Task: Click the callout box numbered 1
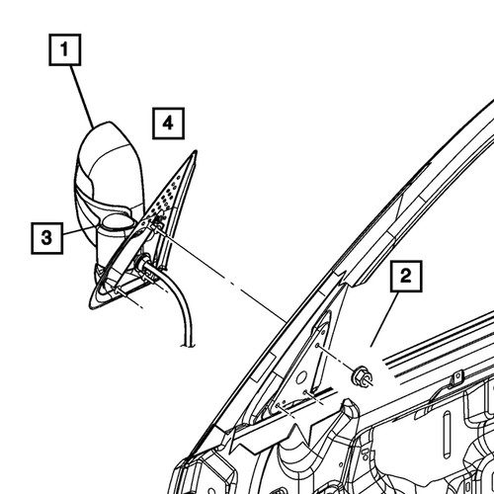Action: (x=65, y=49)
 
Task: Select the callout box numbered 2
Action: (x=406, y=276)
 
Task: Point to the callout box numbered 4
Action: (x=168, y=123)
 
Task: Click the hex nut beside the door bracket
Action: (x=362, y=375)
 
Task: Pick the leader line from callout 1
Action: (x=82, y=97)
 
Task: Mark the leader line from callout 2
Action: (x=384, y=319)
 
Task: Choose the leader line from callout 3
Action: (x=79, y=230)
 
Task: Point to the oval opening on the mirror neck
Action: (x=118, y=221)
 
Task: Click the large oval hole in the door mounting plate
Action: (x=301, y=377)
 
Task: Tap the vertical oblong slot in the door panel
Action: (x=446, y=436)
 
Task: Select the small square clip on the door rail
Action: (x=456, y=375)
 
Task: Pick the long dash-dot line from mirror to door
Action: (x=220, y=275)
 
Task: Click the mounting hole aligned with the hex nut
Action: (x=317, y=346)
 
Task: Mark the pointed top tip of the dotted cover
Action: (x=195, y=151)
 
